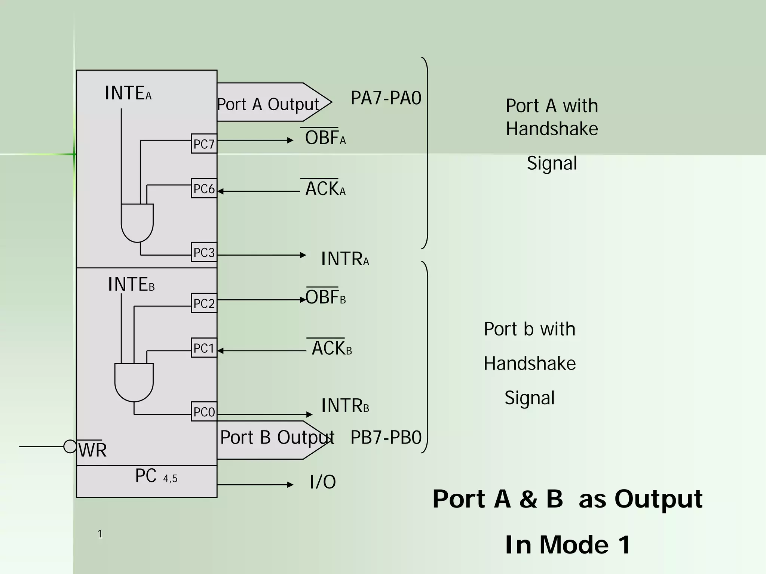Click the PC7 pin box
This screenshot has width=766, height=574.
(x=204, y=144)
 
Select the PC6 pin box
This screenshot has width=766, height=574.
(x=204, y=188)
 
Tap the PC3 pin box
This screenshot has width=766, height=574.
(x=204, y=252)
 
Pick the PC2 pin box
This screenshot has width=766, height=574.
(x=204, y=303)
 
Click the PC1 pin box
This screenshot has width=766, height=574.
(x=204, y=348)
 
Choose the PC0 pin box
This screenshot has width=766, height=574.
(x=204, y=412)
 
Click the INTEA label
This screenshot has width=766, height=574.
(x=128, y=93)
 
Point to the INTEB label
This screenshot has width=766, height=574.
(x=131, y=284)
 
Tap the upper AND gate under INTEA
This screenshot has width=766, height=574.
(x=137, y=222)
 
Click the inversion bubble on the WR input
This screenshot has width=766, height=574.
(x=70, y=446)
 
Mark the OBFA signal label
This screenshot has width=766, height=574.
(x=325, y=137)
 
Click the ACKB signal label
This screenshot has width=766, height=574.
(x=331, y=348)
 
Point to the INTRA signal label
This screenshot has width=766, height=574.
(x=344, y=259)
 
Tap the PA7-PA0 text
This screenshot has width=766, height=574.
(x=386, y=98)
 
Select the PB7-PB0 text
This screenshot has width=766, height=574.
(x=386, y=437)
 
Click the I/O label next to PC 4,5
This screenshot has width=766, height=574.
(x=322, y=482)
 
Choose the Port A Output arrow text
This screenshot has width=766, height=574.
(x=268, y=104)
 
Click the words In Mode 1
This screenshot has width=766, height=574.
(x=567, y=544)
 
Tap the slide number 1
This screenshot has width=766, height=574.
(x=100, y=534)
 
